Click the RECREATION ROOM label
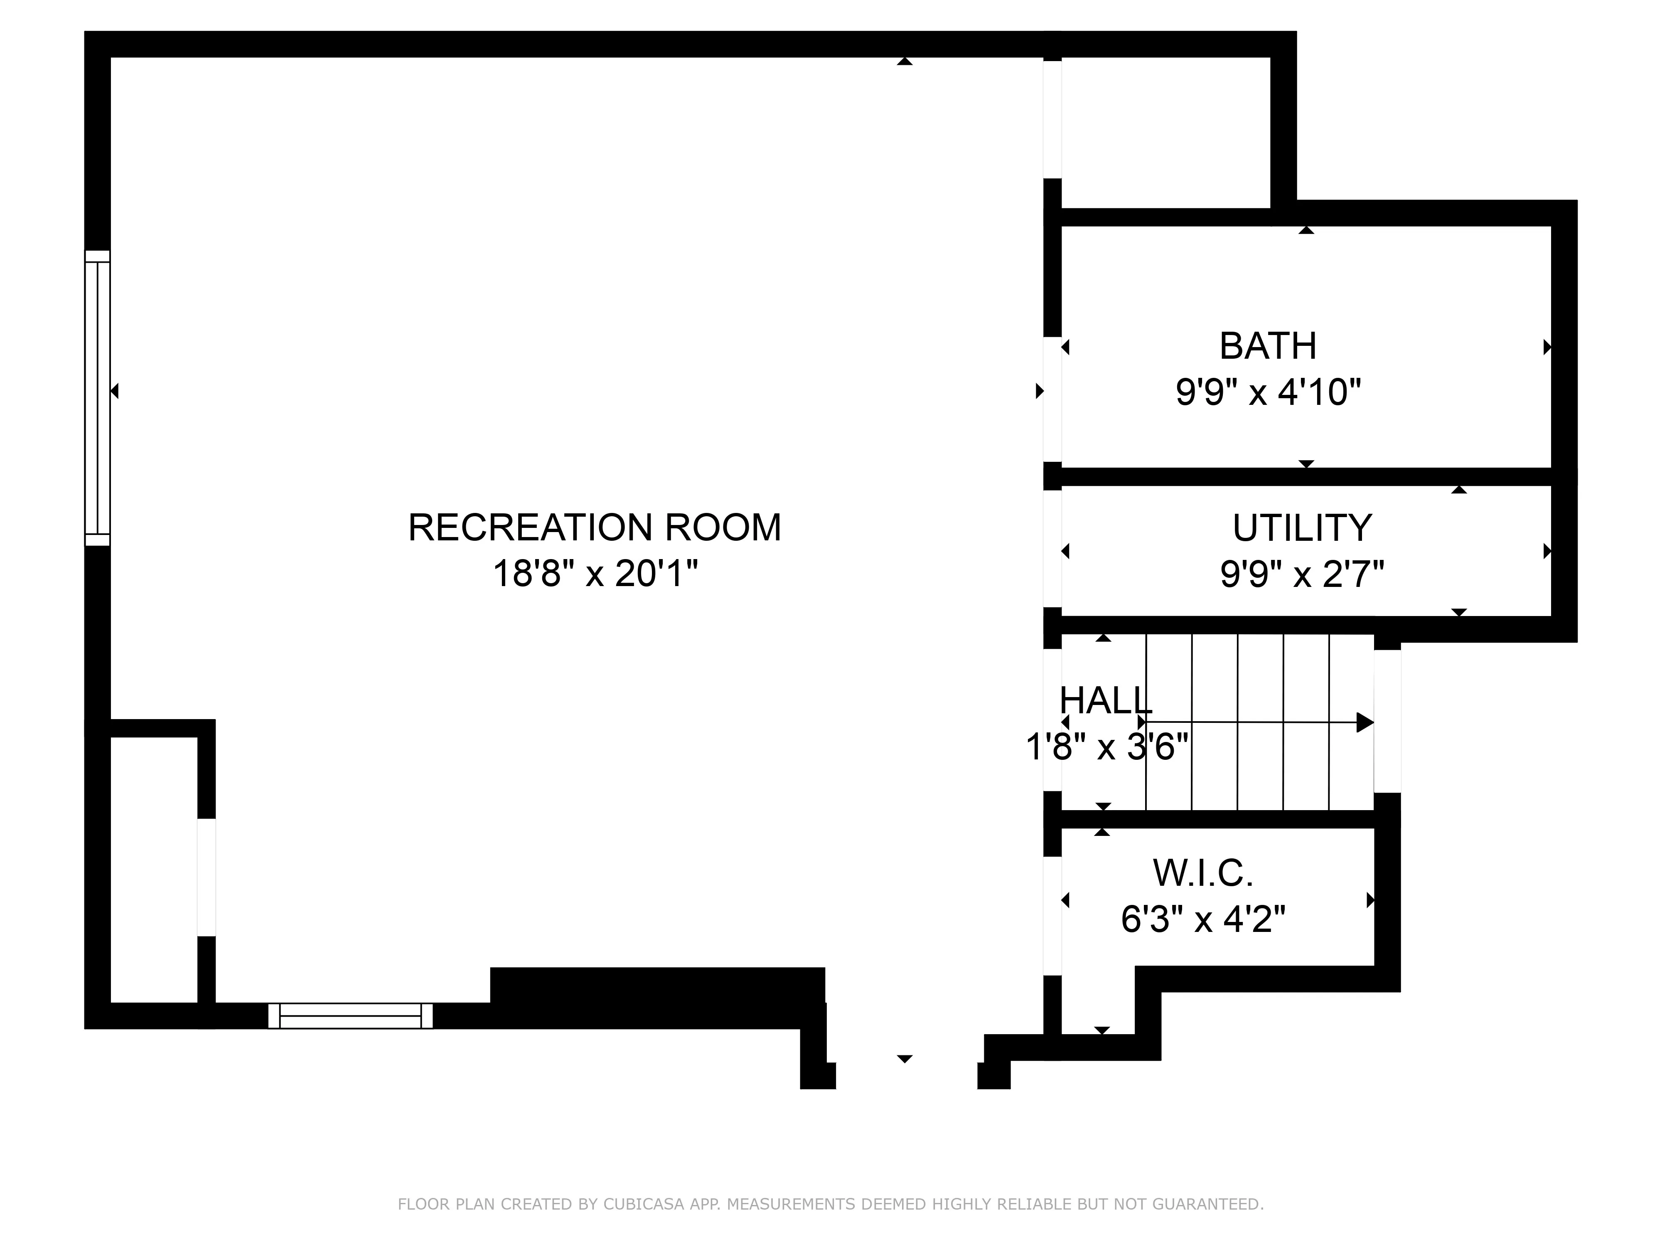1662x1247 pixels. point(594,527)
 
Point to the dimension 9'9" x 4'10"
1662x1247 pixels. point(1268,392)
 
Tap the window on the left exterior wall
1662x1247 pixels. point(98,398)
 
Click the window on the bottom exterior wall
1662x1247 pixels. point(350,1015)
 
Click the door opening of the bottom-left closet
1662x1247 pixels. point(207,877)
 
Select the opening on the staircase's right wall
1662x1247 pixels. point(1387,722)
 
